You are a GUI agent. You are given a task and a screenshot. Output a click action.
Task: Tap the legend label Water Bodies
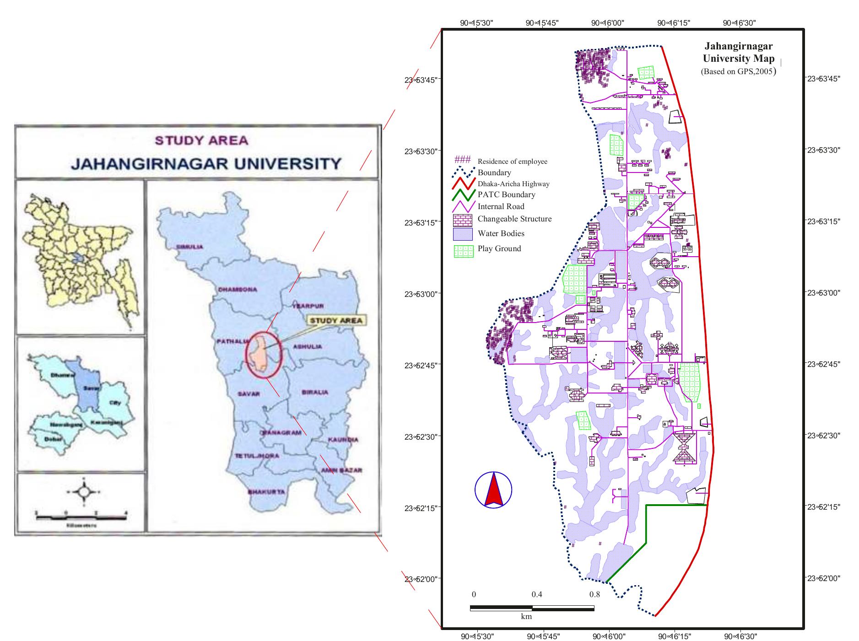point(501,233)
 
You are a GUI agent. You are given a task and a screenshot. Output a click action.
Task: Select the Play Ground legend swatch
point(463,251)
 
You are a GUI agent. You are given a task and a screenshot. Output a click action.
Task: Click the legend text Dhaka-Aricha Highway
point(513,184)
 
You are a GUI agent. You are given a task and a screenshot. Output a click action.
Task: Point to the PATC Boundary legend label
point(506,194)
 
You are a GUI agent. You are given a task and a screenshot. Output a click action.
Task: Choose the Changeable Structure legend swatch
point(463,220)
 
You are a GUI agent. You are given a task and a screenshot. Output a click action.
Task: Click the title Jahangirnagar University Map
point(739,52)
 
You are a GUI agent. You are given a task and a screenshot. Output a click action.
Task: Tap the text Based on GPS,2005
point(738,71)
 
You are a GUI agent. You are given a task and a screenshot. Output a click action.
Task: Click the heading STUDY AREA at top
point(201,140)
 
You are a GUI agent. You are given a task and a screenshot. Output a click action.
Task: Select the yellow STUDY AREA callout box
point(336,320)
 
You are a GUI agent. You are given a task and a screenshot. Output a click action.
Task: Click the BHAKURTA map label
point(266,492)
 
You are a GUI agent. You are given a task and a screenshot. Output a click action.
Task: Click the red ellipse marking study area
point(264,355)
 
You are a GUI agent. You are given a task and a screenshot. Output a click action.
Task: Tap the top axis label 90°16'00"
point(607,23)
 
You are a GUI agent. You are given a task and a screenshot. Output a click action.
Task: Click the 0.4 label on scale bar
point(536,595)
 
